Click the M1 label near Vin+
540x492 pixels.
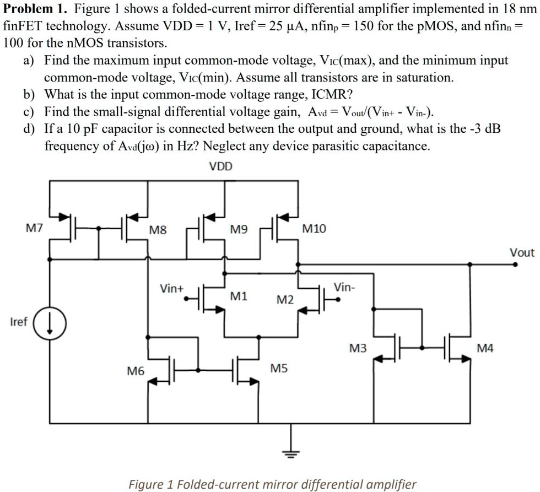[x=238, y=296]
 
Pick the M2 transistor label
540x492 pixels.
[x=285, y=300]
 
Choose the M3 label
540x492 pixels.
[x=358, y=348]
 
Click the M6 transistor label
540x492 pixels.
[x=136, y=372]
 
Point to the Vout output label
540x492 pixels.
[x=521, y=253]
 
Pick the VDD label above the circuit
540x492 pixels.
[x=221, y=166]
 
